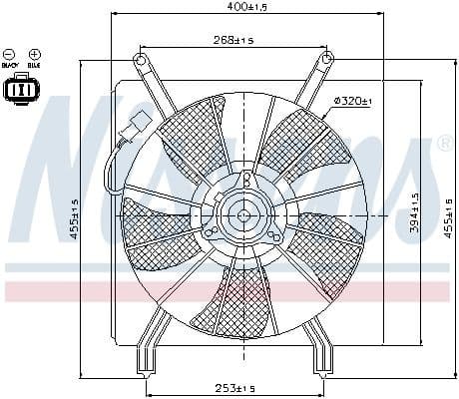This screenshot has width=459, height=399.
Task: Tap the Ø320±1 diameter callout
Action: (x=352, y=101)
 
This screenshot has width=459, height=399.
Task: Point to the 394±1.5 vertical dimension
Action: (x=413, y=211)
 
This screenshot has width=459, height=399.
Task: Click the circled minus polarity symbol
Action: (x=10, y=53)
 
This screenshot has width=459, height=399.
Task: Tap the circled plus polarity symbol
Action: (x=33, y=53)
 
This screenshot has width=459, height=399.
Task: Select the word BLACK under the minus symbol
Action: (x=10, y=67)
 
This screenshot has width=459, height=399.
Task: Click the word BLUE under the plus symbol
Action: (x=33, y=67)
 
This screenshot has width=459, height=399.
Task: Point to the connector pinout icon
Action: (x=21, y=90)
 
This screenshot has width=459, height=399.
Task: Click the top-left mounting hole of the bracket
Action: (x=141, y=61)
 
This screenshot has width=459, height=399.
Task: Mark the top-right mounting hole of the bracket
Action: (x=326, y=61)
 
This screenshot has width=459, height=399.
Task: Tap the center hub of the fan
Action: (x=242, y=213)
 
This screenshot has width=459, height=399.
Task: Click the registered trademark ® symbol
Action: (x=445, y=143)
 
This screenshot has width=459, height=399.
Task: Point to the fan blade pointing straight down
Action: (x=242, y=299)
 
